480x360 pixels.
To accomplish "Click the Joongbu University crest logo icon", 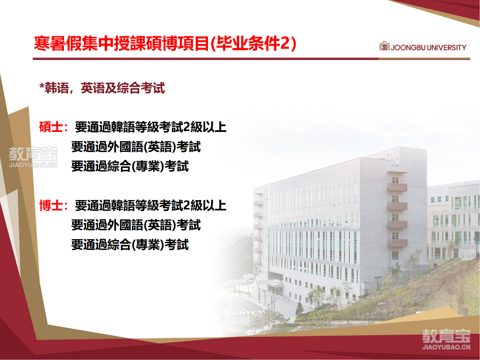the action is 384,46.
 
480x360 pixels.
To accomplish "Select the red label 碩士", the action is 51,127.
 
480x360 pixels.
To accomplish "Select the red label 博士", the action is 51,205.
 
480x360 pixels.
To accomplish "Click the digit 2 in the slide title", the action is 285,44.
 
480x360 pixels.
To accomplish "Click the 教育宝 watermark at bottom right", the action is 446,339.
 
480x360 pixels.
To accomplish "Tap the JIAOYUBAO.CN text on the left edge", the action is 33,165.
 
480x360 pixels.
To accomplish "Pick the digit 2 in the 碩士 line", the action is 186,127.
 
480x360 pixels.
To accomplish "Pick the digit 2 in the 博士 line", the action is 186,205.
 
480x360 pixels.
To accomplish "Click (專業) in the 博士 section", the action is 148,244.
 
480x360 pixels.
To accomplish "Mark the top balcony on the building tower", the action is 397,187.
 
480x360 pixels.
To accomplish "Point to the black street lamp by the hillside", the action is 378,283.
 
